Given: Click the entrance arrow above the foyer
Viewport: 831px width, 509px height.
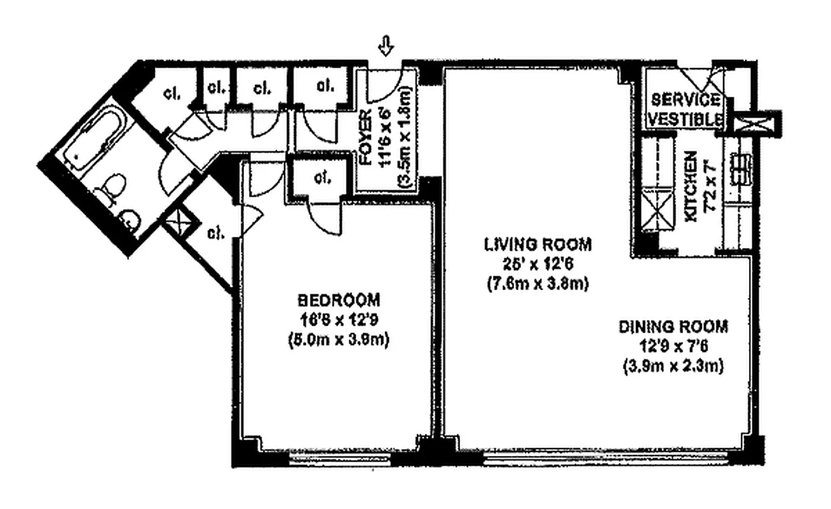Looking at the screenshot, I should click(386, 45).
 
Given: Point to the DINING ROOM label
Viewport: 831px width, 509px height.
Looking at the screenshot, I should click(673, 327).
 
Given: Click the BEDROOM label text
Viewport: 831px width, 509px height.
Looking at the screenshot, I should click(339, 299).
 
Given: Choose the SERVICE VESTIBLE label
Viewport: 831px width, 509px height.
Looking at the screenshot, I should click(686, 109).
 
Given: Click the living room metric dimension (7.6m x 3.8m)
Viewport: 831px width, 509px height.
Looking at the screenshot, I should click(537, 284).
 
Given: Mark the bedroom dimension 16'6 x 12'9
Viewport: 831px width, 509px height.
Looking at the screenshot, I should click(339, 320).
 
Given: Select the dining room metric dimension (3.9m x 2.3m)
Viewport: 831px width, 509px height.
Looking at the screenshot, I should click(673, 368).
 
